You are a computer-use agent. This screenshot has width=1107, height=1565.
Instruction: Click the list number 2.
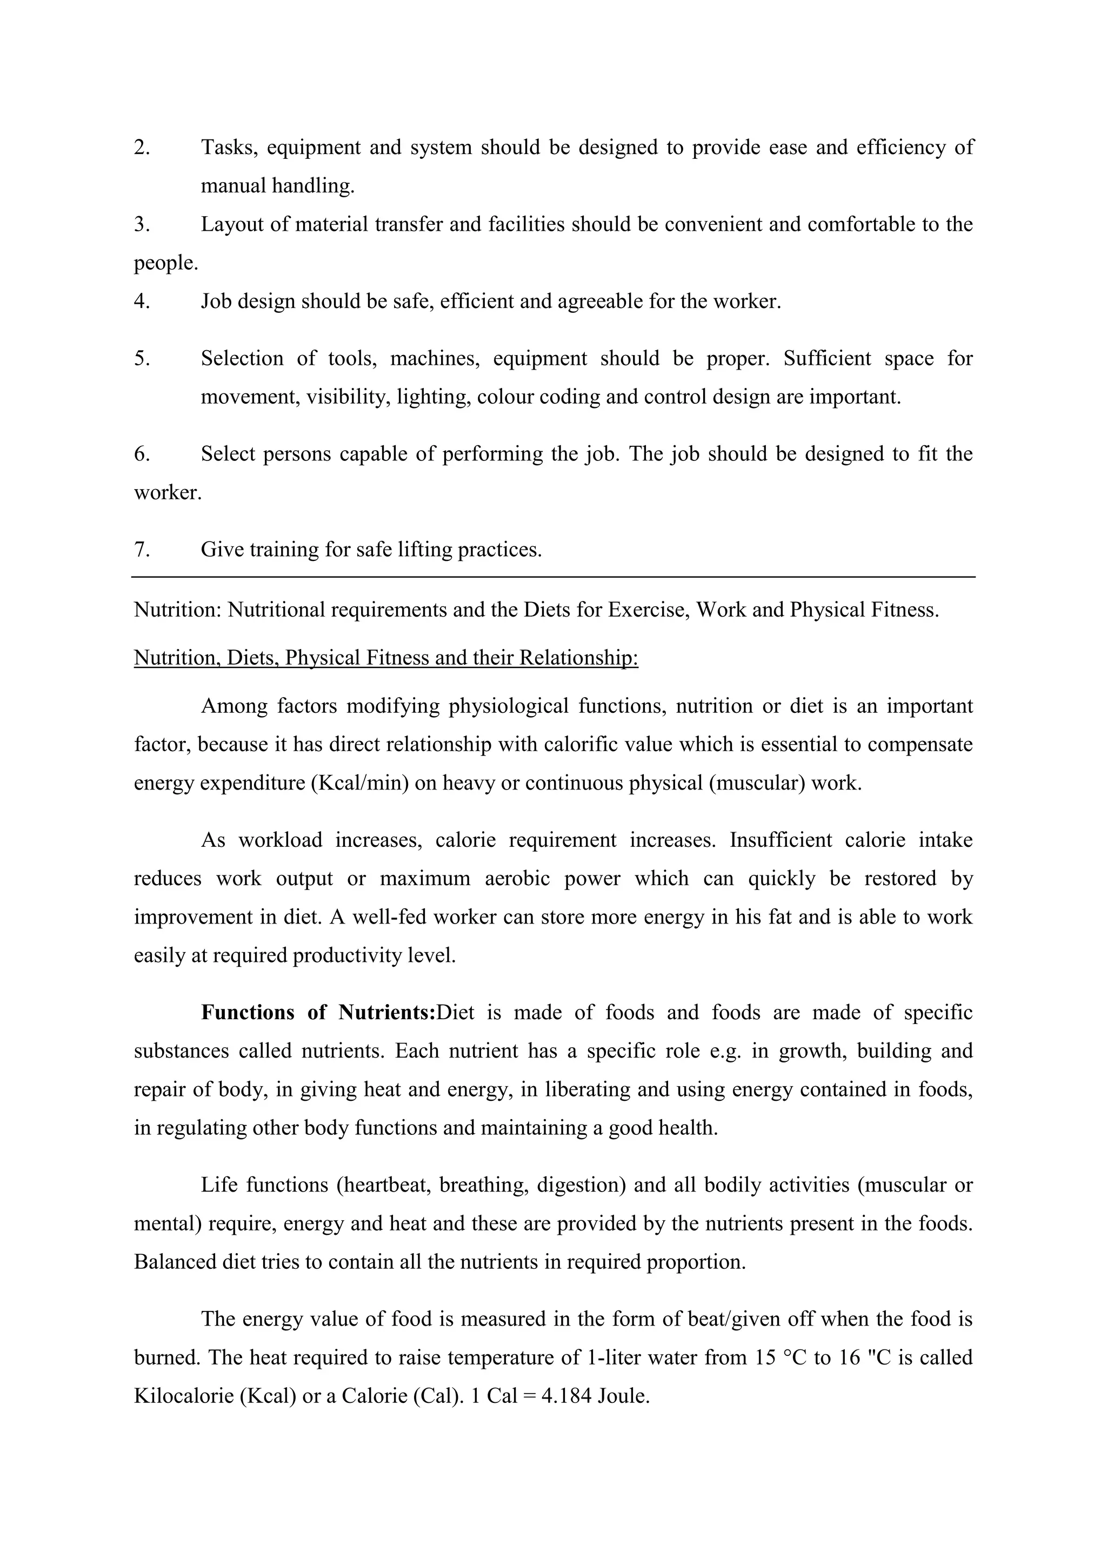pos(141,147)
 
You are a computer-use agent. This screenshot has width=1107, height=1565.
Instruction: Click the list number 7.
pos(141,550)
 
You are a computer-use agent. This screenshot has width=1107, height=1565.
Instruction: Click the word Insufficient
pos(781,840)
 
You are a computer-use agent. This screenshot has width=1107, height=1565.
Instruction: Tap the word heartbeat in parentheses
pos(386,1185)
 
